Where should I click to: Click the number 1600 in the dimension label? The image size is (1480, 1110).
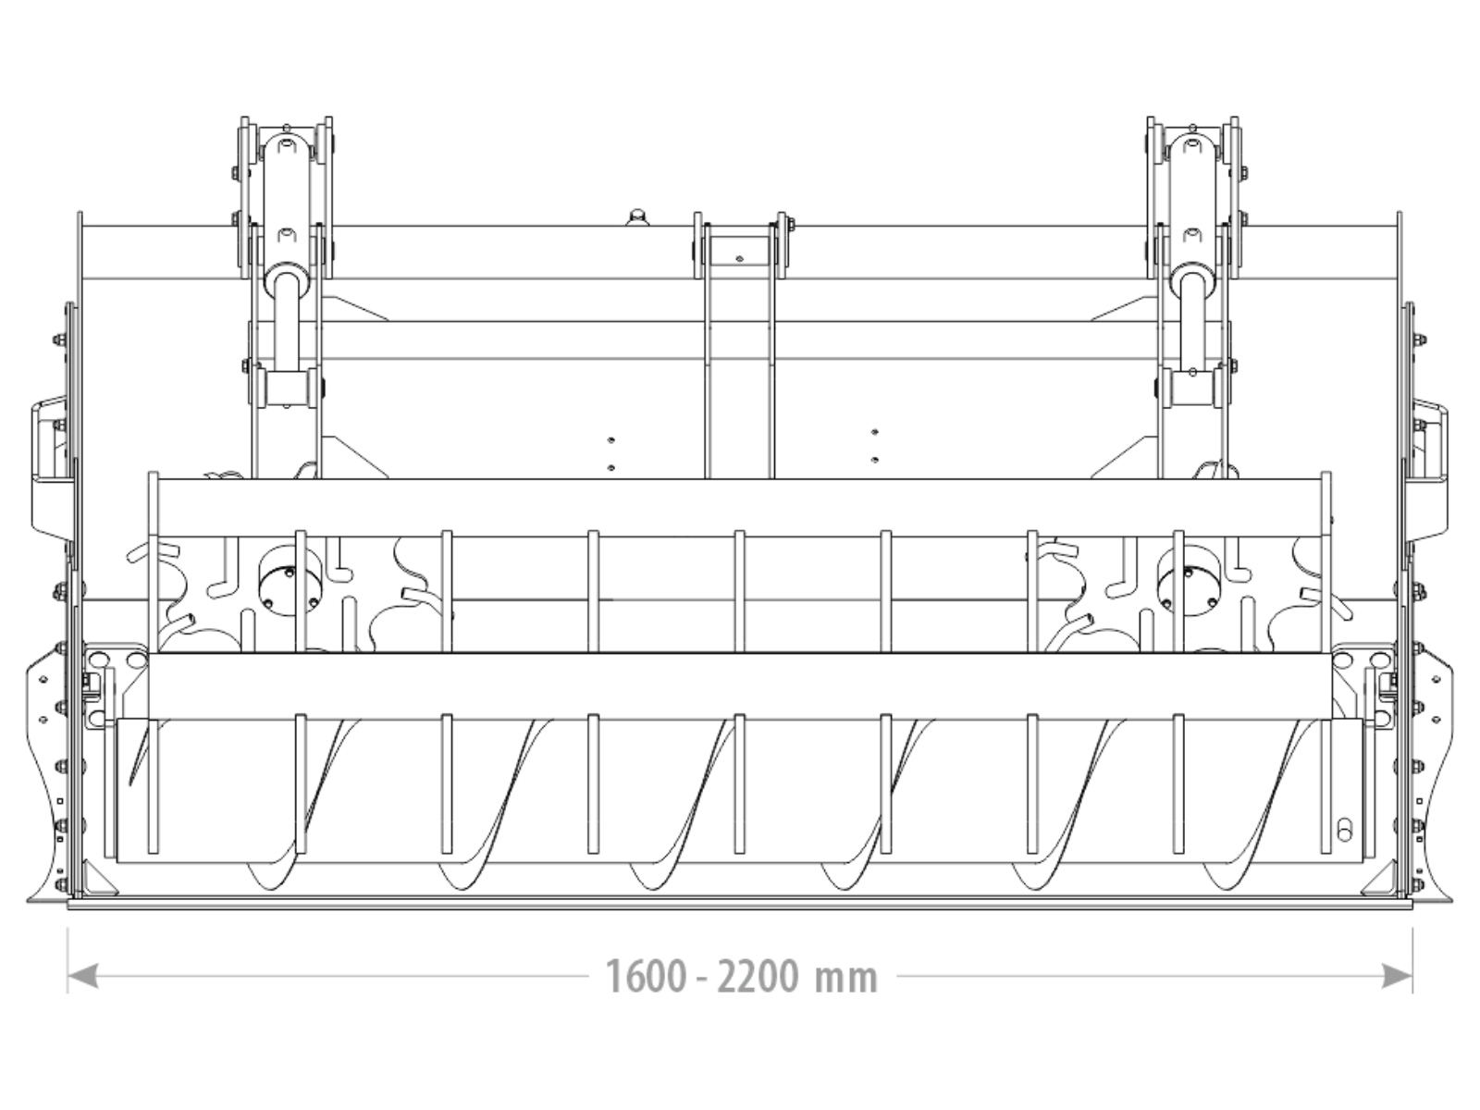tap(646, 977)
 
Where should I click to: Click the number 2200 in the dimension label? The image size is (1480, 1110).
tap(758, 977)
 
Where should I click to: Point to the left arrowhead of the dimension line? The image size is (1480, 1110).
tap(83, 975)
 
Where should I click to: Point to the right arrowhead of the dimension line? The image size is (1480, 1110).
tap(1397, 975)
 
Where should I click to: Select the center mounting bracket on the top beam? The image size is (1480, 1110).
tap(740, 246)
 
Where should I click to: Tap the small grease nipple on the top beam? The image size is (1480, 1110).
tap(635, 217)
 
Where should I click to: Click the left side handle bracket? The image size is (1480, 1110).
tap(51, 472)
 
